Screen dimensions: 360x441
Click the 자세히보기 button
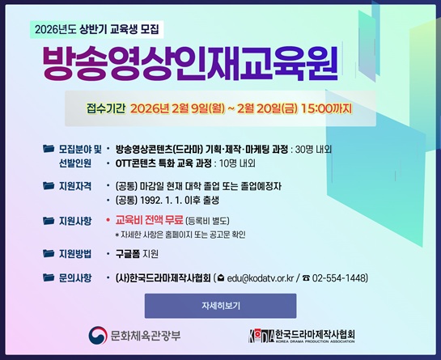220,307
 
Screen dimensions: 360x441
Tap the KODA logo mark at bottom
261,334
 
